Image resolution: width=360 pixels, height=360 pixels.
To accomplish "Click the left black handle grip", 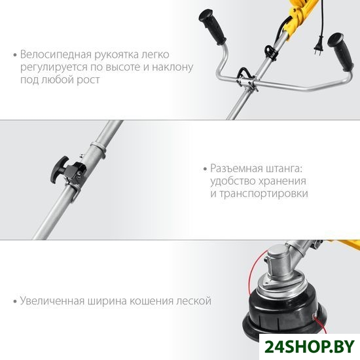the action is (x=212, y=27).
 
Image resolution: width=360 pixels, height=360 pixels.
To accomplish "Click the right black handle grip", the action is (x=340, y=52).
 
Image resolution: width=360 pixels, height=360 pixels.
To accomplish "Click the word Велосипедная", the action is (x=56, y=54).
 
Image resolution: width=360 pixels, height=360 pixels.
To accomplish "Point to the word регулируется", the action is (x=54, y=68).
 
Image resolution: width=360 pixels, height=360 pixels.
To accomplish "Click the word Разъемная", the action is (x=236, y=168).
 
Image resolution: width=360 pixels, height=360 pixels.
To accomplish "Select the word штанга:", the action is (x=284, y=169).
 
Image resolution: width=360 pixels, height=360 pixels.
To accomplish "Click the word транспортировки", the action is (x=264, y=194).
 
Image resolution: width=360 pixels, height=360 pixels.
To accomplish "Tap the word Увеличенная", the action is (x=52, y=301).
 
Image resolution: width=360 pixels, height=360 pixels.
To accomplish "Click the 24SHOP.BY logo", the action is (x=310, y=347).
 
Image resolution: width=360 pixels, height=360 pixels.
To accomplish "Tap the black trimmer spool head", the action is (x=285, y=310).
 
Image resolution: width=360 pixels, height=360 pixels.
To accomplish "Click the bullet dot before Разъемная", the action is (x=206, y=170).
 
